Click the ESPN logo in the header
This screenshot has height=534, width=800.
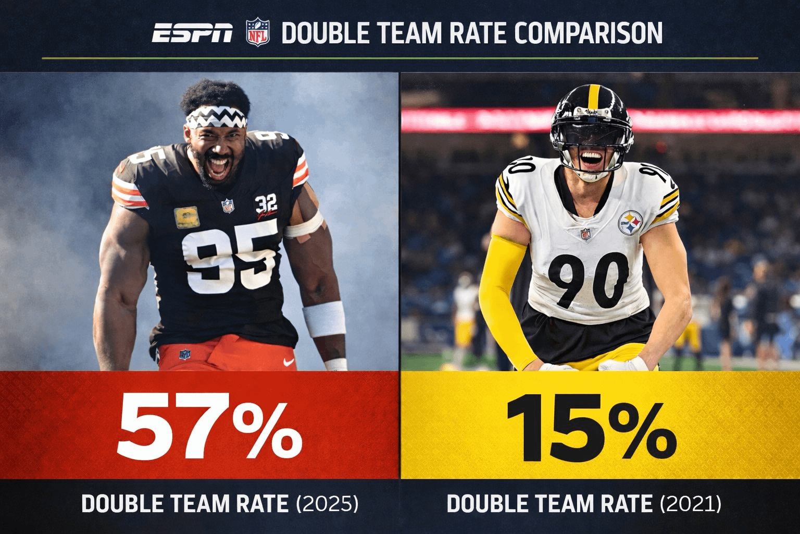pos(192,33)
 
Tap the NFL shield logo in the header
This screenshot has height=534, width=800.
pos(258,32)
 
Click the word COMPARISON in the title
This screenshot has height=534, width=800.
pos(588,33)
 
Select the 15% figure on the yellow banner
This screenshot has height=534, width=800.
pos(591,427)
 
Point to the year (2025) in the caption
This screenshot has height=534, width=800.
pos(327,504)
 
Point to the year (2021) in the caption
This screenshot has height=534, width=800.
pos(691,504)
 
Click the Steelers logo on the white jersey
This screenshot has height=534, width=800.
pos(630,223)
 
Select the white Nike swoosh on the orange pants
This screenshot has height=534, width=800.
pos(288,361)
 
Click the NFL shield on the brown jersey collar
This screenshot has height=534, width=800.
pos(228,205)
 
